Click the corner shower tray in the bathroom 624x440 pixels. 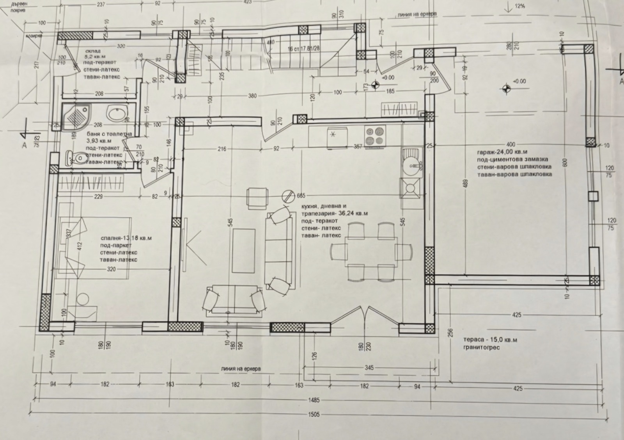[x=76, y=116]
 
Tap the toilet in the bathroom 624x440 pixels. [x=78, y=158]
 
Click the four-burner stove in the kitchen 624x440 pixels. [x=375, y=137]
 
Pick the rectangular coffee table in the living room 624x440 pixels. [x=243, y=251]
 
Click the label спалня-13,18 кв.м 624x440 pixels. [x=126, y=238]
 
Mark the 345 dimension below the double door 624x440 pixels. [x=369, y=368]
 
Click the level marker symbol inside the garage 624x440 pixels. [x=506, y=89]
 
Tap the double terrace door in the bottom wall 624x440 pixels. [x=365, y=316]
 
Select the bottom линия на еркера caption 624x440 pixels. [x=241, y=369]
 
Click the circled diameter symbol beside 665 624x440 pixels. [x=289, y=195]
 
